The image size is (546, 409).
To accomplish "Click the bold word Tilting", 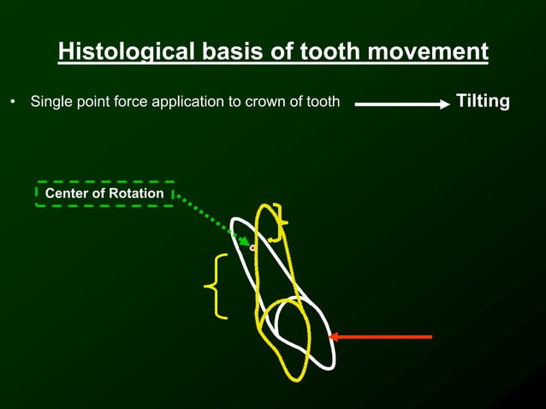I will [483, 102].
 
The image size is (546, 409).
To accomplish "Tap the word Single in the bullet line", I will [50, 103].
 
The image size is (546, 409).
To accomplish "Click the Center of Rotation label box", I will [104, 193].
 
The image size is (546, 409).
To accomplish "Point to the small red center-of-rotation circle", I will [252, 247].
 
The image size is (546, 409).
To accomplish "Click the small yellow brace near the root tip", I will [279, 222].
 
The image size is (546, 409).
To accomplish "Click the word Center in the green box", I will [68, 193].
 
